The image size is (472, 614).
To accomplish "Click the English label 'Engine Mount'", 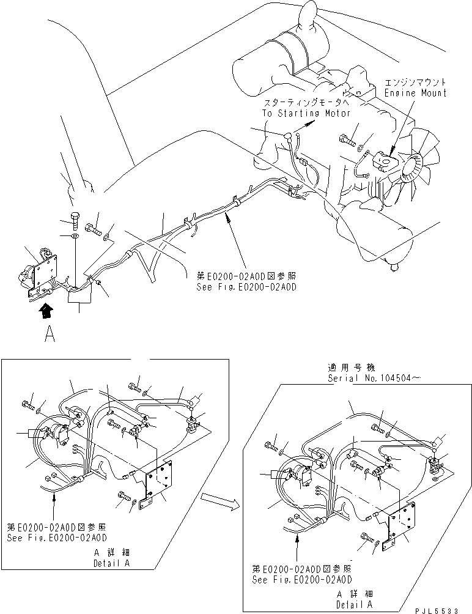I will [416, 93].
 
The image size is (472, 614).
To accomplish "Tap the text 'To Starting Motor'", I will [300, 113].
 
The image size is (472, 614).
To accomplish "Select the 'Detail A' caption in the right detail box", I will [355, 602].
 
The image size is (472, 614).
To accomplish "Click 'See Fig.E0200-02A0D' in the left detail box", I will [57, 538].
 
